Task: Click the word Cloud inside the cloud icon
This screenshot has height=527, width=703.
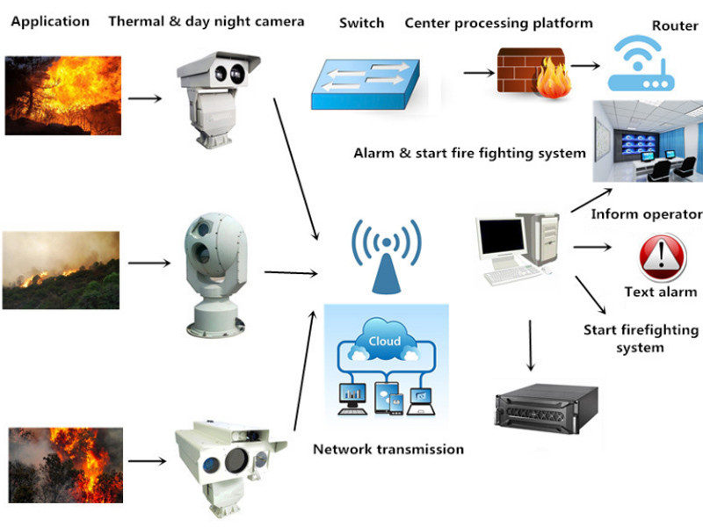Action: (385, 341)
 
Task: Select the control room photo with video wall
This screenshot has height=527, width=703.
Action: (647, 141)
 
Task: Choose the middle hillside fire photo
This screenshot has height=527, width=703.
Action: (61, 270)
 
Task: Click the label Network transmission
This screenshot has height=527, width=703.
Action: (388, 449)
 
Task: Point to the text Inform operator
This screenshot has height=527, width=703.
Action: (646, 214)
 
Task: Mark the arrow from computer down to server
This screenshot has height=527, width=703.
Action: (531, 347)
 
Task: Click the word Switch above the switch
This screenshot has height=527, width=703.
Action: (361, 23)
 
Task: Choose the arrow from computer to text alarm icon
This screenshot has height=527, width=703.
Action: (601, 247)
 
